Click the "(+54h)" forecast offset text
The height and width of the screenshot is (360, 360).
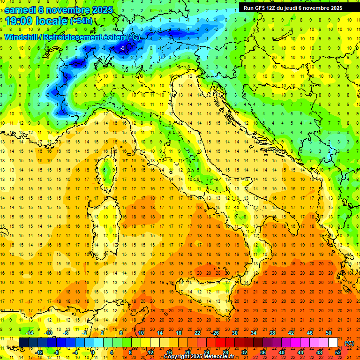(x=81, y=21)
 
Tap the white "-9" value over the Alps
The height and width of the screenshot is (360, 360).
(x=122, y=48)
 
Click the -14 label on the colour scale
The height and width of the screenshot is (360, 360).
(x=30, y=333)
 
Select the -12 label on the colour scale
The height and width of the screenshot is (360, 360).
(x=39, y=352)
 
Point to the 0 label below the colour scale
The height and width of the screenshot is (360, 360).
(x=93, y=352)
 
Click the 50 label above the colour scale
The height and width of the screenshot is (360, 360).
(x=329, y=333)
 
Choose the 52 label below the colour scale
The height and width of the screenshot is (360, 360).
(x=337, y=352)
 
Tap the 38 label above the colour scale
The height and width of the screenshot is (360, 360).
(x=272, y=333)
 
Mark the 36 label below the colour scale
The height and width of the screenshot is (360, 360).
(x=262, y=352)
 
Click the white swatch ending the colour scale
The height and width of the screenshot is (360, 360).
(x=333, y=343)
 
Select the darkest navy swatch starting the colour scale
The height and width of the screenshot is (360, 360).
(x=23, y=343)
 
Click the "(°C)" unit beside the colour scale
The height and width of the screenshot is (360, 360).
(x=349, y=343)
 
